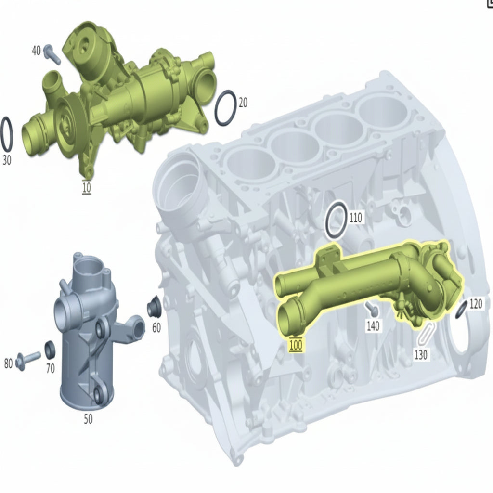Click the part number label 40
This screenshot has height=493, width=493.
pyautogui.click(x=37, y=50)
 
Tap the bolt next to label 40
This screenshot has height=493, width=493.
pyautogui.click(x=52, y=54)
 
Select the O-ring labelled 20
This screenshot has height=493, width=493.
pyautogui.click(x=226, y=108)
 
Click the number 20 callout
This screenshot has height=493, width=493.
pyautogui.click(x=243, y=103)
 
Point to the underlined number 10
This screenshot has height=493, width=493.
pyautogui.click(x=87, y=187)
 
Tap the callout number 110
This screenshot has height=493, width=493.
pyautogui.click(x=356, y=218)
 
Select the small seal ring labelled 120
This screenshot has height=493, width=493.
pyautogui.click(x=461, y=310)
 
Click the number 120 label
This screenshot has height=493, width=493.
pyautogui.click(x=476, y=304)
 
